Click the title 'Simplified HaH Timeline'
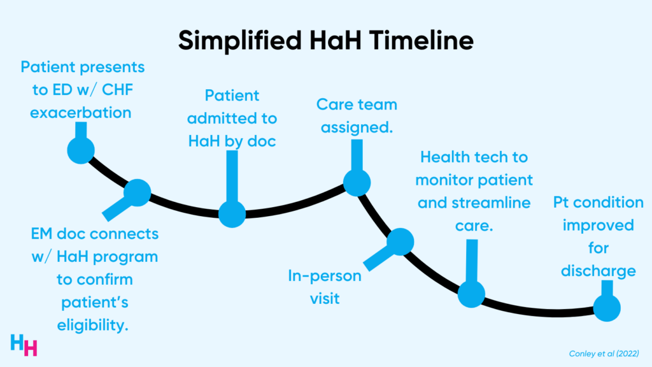click(326, 40)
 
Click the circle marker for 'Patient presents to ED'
click(81, 150)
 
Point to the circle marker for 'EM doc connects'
click(137, 191)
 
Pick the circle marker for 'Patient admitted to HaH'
click(232, 214)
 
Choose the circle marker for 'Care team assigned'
click(357, 183)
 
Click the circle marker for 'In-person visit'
click(400, 241)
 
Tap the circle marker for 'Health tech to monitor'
click(471, 293)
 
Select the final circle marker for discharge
click(606, 308)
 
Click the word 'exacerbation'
click(82, 113)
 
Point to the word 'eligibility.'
click(95, 325)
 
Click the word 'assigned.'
click(357, 127)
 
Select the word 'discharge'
click(598, 271)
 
